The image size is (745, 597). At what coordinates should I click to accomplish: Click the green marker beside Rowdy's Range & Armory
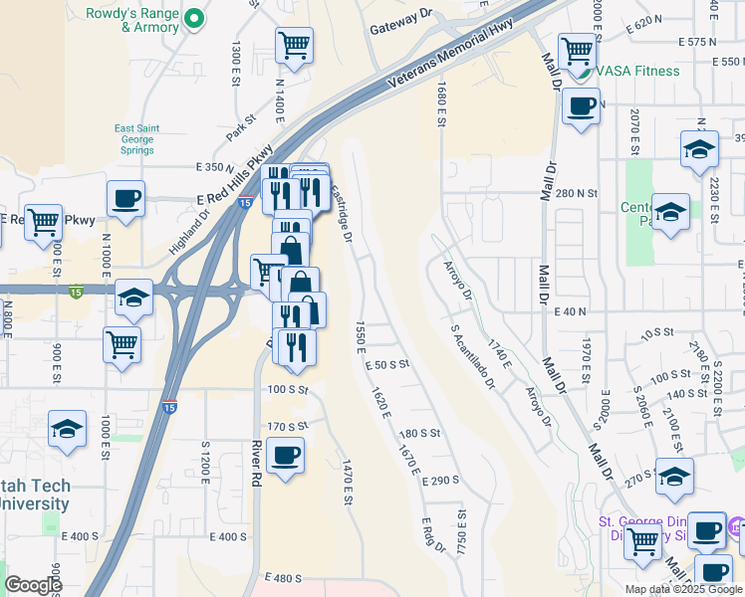point(195,18)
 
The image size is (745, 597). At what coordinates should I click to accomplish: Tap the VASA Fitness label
point(637,71)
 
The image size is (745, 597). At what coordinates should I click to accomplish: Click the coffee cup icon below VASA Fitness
point(581,105)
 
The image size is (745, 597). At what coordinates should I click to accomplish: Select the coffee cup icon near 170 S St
point(286,456)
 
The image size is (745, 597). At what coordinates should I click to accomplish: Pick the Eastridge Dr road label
point(341,214)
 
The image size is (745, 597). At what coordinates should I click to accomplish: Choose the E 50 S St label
point(386,365)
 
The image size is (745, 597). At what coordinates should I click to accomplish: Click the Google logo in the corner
point(33,585)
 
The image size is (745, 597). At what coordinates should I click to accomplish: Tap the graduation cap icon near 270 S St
point(674,476)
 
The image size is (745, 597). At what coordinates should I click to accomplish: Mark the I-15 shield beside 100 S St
point(169,407)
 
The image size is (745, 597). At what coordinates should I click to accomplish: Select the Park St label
point(240,127)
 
